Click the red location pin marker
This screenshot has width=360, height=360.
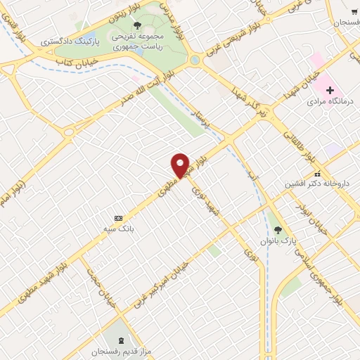point(181,165)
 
